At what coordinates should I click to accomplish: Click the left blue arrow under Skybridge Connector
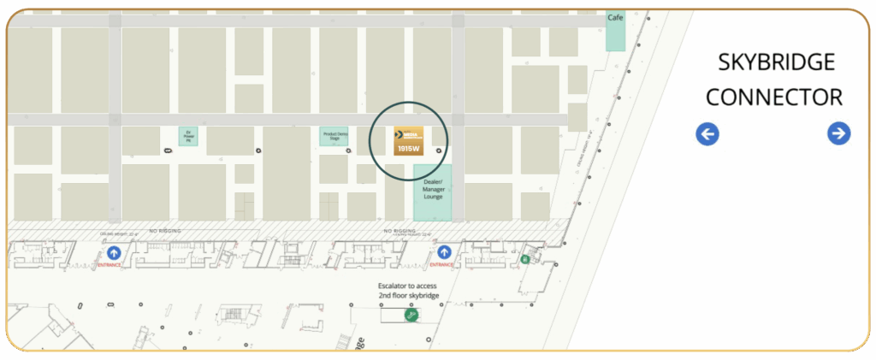(707, 133)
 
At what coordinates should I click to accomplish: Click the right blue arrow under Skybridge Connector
(839, 133)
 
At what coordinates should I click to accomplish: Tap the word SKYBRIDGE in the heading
(774, 62)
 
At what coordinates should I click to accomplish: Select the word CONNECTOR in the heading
(774, 97)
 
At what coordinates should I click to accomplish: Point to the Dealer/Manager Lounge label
(433, 189)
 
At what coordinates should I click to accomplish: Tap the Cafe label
(614, 17)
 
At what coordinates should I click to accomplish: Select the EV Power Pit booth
(188, 136)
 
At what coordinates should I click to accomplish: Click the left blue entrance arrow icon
(115, 252)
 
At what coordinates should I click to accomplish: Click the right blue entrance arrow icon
(444, 252)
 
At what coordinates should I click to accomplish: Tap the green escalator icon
(411, 316)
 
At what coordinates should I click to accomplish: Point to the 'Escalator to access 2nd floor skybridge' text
(409, 291)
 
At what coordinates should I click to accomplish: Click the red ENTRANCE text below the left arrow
(110, 265)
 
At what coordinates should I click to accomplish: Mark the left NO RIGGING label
(165, 231)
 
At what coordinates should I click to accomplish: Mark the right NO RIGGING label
(400, 231)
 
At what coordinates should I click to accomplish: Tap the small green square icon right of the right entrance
(524, 259)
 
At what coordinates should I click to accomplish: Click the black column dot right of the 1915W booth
(440, 150)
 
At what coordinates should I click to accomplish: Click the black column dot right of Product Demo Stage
(348, 150)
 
